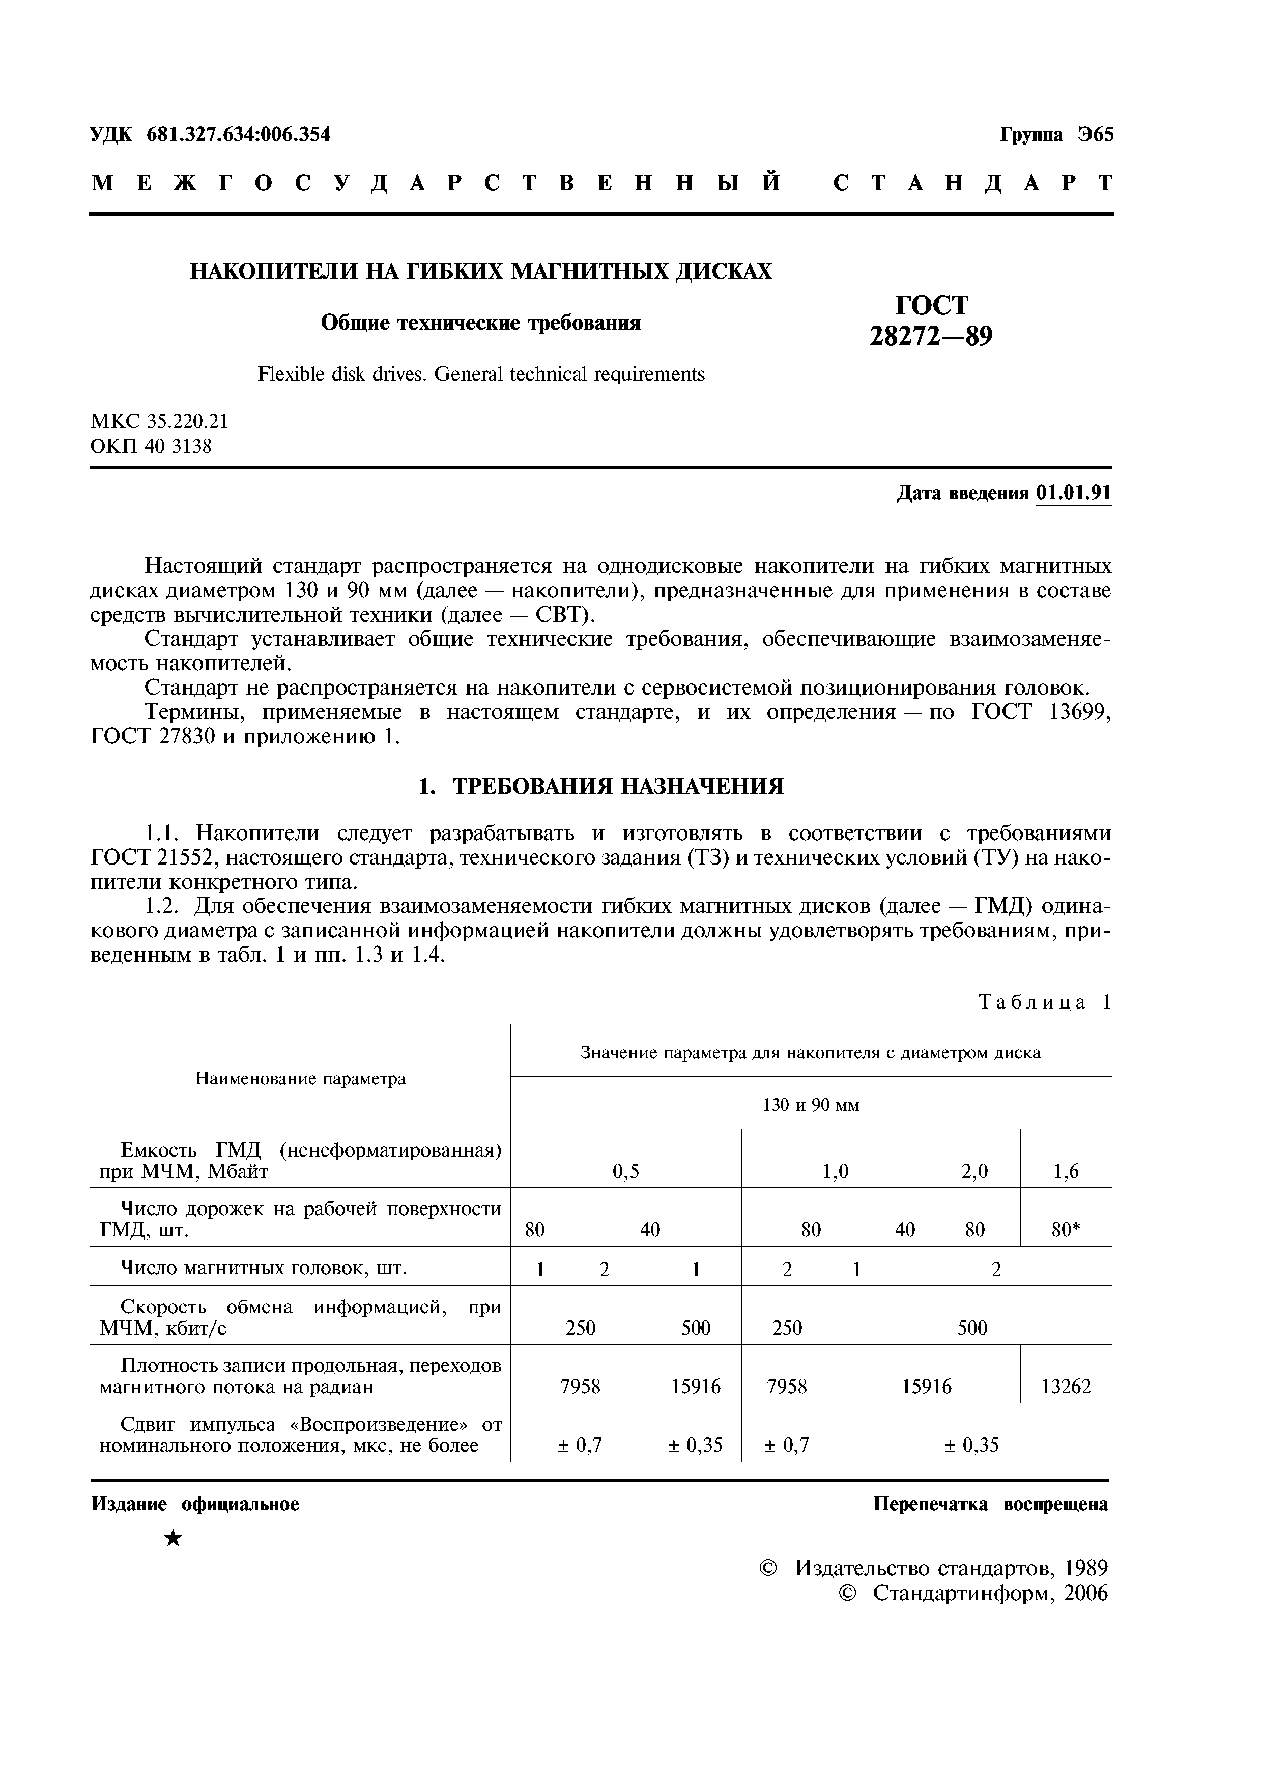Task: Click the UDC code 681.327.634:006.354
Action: pyautogui.click(x=238, y=134)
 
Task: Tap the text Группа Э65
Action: pyautogui.click(x=1056, y=134)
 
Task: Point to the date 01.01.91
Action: pyautogui.click(x=1073, y=493)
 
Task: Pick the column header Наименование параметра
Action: pyautogui.click(x=300, y=1078)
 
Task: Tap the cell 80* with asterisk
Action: pyautogui.click(x=1066, y=1229)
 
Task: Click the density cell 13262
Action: pyautogui.click(x=1066, y=1386)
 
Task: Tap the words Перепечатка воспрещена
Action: pyautogui.click(x=990, y=1504)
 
